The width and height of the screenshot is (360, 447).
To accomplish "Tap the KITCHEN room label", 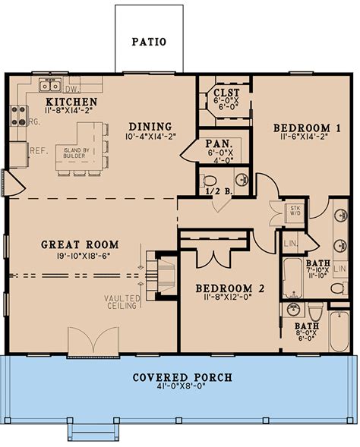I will [70, 102].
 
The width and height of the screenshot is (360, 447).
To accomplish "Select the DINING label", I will [150, 127].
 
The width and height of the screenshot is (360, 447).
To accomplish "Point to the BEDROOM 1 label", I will [301, 127].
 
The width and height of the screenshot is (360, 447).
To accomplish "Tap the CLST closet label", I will [227, 96].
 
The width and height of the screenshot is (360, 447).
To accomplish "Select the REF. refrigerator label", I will [39, 150].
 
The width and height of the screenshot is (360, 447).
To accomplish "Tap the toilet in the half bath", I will [211, 181].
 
